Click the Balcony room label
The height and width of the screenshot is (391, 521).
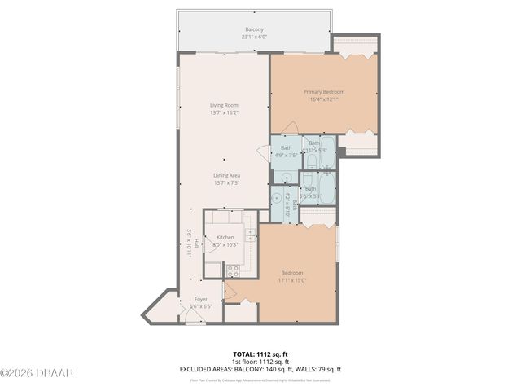point(254,29)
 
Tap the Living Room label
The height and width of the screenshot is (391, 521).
point(224,105)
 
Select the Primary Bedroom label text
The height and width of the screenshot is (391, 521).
point(323,92)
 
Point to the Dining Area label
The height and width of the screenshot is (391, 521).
point(226,176)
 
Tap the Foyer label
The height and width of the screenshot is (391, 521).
point(199,299)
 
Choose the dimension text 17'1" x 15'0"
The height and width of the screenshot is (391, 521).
point(292,280)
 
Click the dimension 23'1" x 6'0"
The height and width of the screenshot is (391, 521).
point(254,37)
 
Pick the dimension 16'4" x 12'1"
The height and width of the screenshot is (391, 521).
point(323,99)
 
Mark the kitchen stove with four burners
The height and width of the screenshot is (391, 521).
point(232,269)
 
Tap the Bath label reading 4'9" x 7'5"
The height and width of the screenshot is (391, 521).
point(287,155)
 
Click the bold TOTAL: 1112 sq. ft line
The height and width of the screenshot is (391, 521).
point(260,354)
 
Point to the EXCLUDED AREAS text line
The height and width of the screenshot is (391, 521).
point(260,369)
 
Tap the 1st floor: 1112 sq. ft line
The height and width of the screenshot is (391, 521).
point(260,362)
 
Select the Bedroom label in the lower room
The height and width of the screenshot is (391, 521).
point(292,273)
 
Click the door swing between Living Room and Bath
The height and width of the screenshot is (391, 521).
point(263,152)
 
